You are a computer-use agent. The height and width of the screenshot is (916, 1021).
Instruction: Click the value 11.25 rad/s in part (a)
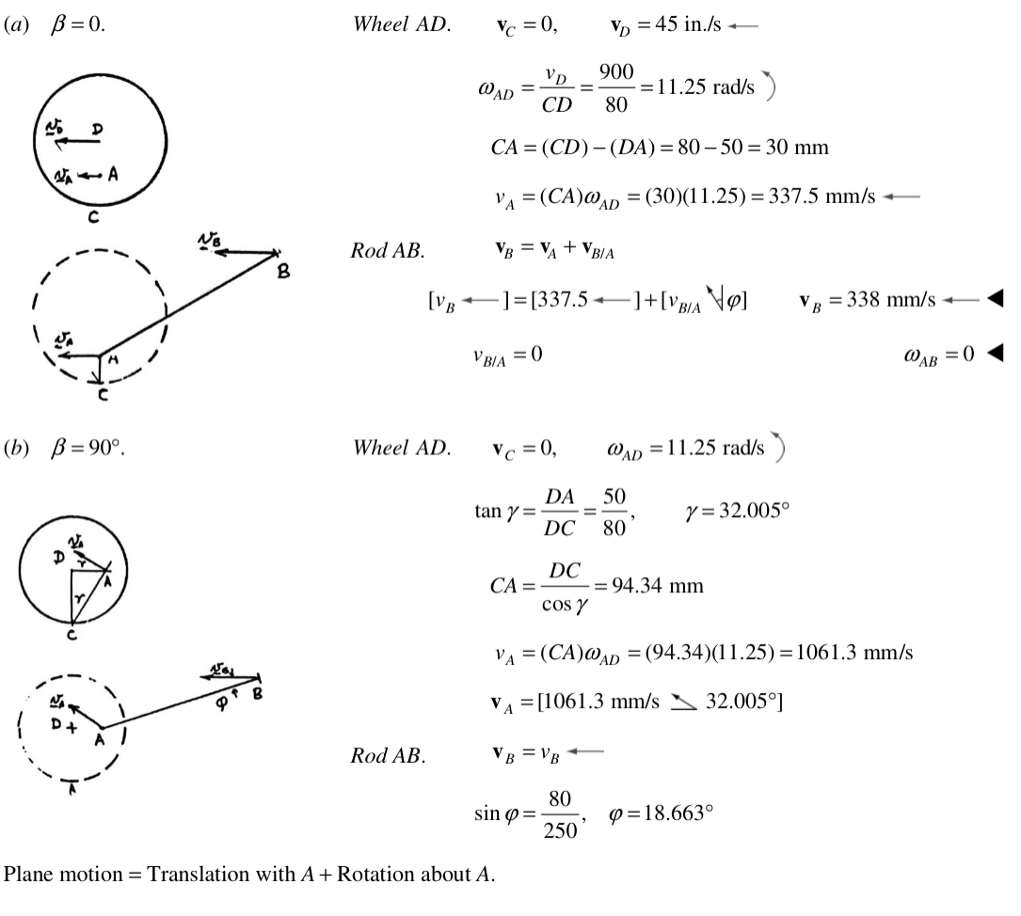[705, 87]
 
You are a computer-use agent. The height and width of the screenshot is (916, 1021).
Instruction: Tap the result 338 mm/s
[891, 300]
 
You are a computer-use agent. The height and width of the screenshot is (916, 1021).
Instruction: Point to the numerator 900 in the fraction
[616, 71]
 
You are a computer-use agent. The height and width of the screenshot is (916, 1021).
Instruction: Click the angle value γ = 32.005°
[737, 511]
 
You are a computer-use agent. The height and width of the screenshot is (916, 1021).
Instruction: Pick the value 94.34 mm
[658, 586]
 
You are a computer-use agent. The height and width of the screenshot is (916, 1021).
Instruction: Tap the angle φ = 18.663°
[661, 813]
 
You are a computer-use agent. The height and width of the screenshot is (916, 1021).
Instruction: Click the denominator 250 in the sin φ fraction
[560, 830]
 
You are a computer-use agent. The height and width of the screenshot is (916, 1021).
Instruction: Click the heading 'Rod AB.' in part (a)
[388, 250]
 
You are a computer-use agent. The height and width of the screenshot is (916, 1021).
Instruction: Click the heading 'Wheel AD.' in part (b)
[402, 448]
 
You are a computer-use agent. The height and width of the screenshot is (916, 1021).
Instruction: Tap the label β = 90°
[88, 449]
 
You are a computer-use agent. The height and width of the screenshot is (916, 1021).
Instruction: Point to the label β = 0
[77, 24]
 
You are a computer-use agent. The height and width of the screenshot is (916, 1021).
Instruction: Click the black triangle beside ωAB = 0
[995, 354]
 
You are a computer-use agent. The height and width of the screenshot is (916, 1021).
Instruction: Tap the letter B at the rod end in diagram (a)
[283, 271]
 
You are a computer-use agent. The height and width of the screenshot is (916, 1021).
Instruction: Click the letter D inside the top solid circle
[97, 130]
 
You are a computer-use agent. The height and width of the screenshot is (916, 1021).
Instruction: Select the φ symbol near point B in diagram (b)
[222, 703]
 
